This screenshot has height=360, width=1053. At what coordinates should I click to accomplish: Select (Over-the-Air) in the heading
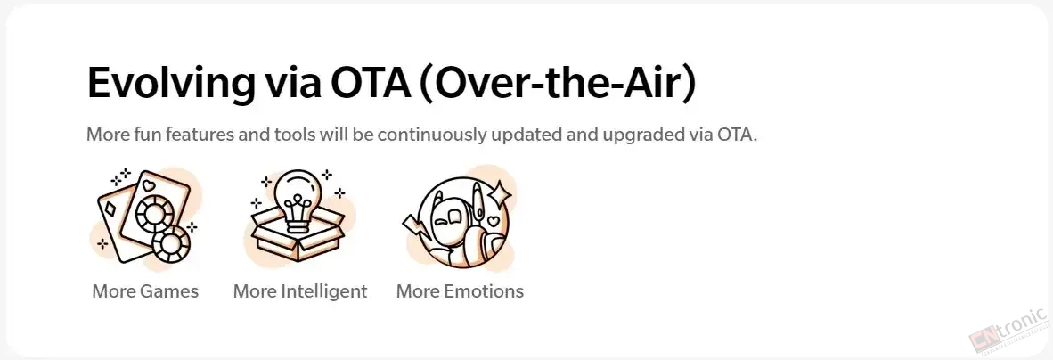[558, 85]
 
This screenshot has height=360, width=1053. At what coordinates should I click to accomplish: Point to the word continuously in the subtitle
[432, 135]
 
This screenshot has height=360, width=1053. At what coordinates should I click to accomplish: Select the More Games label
[145, 291]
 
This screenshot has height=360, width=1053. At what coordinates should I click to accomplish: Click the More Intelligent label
[300, 292]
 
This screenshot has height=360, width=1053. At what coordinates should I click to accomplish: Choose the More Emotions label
[460, 291]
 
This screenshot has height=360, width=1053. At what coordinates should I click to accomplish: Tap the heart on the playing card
[150, 184]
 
